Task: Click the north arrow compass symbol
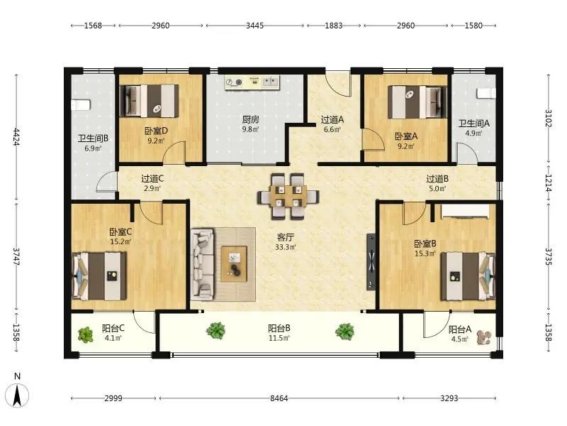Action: [x=18, y=394]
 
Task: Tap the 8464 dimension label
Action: [x=279, y=398]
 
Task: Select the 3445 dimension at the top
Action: [x=255, y=26]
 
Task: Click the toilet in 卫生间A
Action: [x=485, y=94]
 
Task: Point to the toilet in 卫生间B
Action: [x=81, y=105]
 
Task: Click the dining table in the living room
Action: [x=288, y=197]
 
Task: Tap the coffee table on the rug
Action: [x=234, y=263]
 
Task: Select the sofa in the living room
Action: [x=203, y=264]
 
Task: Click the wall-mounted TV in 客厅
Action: [x=371, y=262]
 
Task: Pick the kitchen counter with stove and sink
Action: [x=252, y=82]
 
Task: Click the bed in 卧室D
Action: [x=150, y=101]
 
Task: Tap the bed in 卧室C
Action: [x=99, y=276]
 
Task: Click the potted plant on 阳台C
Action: [x=86, y=334]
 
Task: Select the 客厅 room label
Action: [x=286, y=238]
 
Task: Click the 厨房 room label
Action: [x=251, y=119]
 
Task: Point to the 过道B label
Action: [x=437, y=179]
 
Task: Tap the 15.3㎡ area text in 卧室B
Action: [x=425, y=253]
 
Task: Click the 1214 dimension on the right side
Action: [x=548, y=183]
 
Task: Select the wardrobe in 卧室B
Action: [x=464, y=212]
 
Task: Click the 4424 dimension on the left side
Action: [x=16, y=136]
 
